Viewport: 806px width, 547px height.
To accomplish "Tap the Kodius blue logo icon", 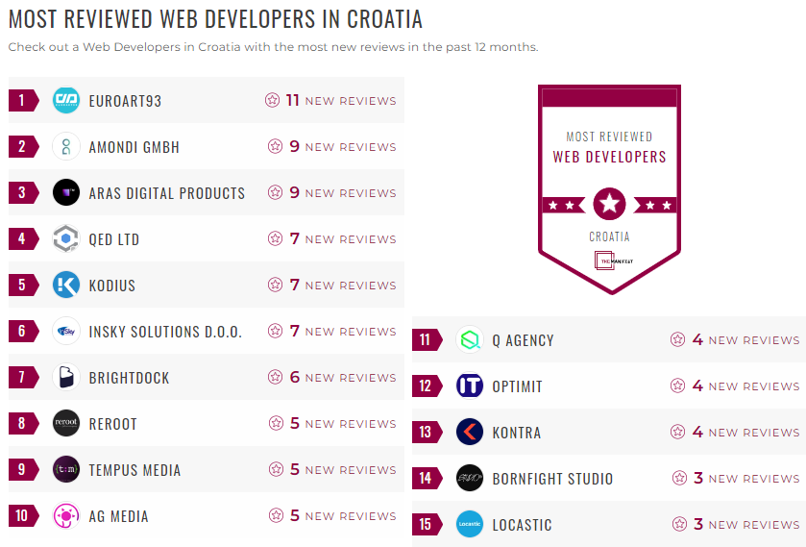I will [x=66, y=286].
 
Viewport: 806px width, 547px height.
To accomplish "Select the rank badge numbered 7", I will [x=21, y=378].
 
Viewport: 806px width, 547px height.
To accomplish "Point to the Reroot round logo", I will [x=66, y=424].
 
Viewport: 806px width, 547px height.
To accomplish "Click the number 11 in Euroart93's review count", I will [x=293, y=100].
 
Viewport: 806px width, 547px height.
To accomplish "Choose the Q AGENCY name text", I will [x=523, y=340].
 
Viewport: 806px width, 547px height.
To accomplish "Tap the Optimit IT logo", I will [x=470, y=386].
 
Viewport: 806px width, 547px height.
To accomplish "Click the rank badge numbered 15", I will [x=425, y=525].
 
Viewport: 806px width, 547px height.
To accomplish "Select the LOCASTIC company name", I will [x=522, y=525].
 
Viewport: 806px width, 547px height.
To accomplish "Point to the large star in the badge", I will [x=609, y=204].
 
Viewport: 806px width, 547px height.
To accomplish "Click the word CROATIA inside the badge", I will [x=609, y=236].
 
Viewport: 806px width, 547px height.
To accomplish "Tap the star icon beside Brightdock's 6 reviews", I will [x=276, y=378].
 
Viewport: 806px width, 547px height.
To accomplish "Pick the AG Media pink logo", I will [x=66, y=516].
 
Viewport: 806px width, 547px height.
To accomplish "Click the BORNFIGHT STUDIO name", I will [x=552, y=479].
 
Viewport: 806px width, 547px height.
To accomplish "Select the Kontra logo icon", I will [x=470, y=433].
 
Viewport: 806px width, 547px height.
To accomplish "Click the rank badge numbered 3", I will [x=21, y=193].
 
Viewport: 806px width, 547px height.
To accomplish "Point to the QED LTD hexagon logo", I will [x=66, y=239].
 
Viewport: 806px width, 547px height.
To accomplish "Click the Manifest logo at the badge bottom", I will [x=609, y=261].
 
